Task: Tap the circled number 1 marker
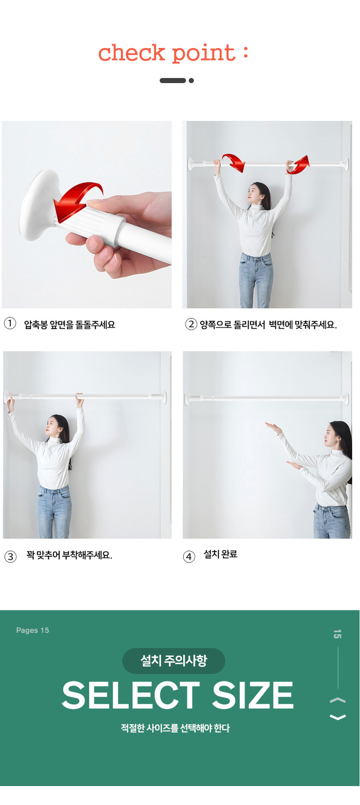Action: coord(10,323)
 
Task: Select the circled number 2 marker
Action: coord(191,324)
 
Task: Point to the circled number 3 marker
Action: coord(10,556)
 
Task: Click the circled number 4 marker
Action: coord(189,556)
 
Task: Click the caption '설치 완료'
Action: coord(221,554)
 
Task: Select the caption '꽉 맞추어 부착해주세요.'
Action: coord(69,555)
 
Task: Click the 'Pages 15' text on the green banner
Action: coord(32,630)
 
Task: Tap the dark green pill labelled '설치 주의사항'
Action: coord(174,661)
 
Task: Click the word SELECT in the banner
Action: coord(131,695)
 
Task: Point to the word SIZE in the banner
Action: coord(253,695)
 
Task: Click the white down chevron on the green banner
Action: coord(338,717)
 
